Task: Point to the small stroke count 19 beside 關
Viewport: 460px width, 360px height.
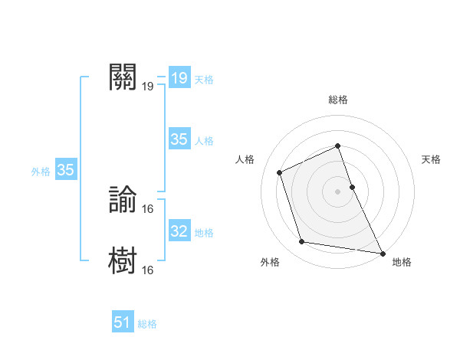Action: pyautogui.click(x=148, y=86)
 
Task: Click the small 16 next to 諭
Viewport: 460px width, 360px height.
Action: pyautogui.click(x=148, y=208)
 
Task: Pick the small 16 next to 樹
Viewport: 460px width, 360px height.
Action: pyautogui.click(x=148, y=270)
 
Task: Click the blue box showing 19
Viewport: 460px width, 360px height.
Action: pyautogui.click(x=179, y=78)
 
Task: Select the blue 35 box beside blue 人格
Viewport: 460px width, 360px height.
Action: pyautogui.click(x=179, y=139)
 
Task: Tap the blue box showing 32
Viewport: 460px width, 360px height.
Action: pyautogui.click(x=179, y=231)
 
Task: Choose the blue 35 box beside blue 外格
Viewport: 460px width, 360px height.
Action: pyautogui.click(x=66, y=170)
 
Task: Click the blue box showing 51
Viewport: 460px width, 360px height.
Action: pyautogui.click(x=123, y=322)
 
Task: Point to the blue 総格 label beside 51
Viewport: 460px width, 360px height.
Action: pyautogui.click(x=147, y=324)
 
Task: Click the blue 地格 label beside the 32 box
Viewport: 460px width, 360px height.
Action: pyautogui.click(x=204, y=233)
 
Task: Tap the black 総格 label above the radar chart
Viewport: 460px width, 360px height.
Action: pyautogui.click(x=338, y=100)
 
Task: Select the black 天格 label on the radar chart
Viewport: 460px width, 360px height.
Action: pyautogui.click(x=432, y=159)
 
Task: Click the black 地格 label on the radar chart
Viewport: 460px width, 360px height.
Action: pyautogui.click(x=402, y=262)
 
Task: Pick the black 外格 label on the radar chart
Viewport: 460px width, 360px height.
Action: pyautogui.click(x=270, y=262)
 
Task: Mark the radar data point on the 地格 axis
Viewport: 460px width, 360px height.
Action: pyautogui.click(x=382, y=252)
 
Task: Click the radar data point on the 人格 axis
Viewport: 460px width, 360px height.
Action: pyautogui.click(x=280, y=172)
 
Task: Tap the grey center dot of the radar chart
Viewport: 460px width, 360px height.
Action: pyautogui.click(x=337, y=191)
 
